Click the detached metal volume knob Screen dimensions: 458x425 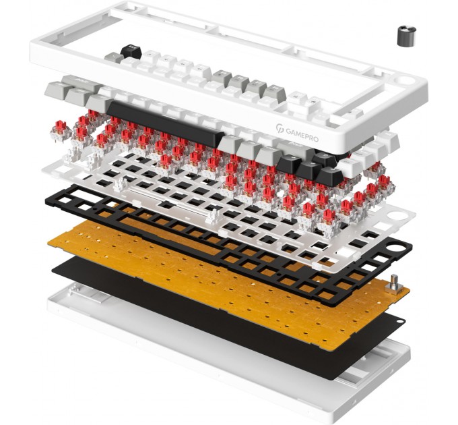point(406,36)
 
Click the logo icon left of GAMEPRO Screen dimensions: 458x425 point(280,128)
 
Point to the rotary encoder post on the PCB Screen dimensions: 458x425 point(393,284)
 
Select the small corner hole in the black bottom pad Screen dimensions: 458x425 point(401,322)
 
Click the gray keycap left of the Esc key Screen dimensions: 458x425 point(113,57)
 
